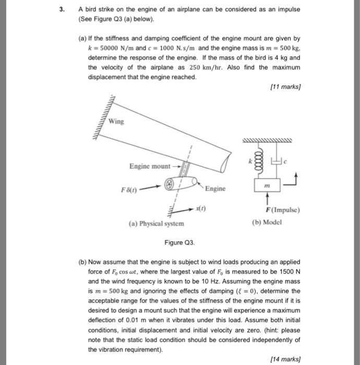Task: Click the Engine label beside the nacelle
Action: point(215,188)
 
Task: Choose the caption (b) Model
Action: point(266,221)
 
